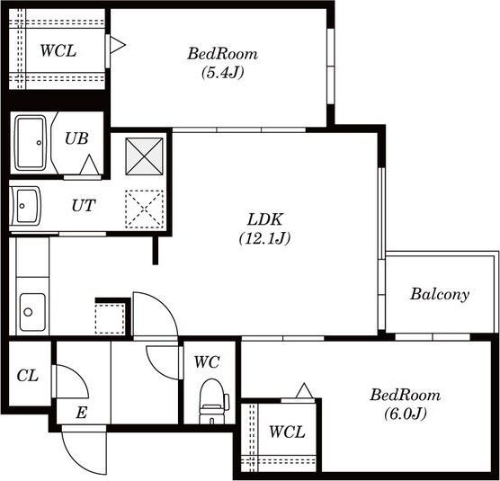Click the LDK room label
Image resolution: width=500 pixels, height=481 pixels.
(x=265, y=219)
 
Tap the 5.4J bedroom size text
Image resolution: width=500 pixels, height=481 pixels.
(x=223, y=73)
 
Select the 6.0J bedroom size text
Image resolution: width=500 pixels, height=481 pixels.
(x=406, y=414)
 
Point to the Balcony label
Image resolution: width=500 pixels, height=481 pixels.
(x=440, y=294)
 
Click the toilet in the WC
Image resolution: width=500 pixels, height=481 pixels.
(x=213, y=401)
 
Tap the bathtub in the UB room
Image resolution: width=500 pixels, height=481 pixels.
(x=31, y=142)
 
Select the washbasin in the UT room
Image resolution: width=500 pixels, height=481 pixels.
(x=25, y=206)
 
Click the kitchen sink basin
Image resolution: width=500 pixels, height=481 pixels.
(x=32, y=312)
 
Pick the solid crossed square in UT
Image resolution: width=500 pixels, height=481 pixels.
(x=144, y=156)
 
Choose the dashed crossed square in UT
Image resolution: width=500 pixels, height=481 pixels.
(x=144, y=209)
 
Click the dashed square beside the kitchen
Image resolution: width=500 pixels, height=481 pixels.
(x=110, y=319)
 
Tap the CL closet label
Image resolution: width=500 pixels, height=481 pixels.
(x=28, y=376)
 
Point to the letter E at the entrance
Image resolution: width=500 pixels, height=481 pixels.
(x=81, y=413)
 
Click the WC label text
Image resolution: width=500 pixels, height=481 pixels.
(x=207, y=362)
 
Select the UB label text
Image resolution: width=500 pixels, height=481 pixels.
(x=76, y=138)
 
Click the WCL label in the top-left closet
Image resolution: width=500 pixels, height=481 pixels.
(x=58, y=51)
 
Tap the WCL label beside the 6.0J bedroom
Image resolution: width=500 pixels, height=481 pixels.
(x=287, y=432)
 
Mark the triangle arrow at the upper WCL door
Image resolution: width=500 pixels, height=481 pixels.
(x=117, y=45)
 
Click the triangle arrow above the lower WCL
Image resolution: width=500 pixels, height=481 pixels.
(x=304, y=390)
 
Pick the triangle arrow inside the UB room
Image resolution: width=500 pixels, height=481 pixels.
(x=90, y=165)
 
